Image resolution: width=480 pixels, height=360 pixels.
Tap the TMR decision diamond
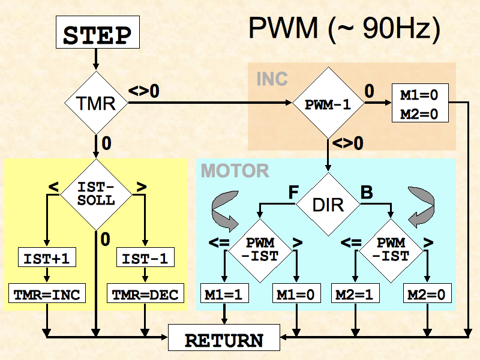(x=96, y=103)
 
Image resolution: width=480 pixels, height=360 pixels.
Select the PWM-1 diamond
(x=328, y=104)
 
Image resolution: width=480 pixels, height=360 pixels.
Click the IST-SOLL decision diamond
(x=96, y=194)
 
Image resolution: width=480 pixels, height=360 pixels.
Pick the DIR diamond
(x=328, y=204)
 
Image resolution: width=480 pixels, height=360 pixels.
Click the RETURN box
(x=224, y=339)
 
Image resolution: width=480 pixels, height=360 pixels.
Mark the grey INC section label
(x=272, y=79)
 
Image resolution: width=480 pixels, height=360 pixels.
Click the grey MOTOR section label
(x=235, y=171)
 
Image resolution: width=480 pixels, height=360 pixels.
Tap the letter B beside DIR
(x=365, y=193)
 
